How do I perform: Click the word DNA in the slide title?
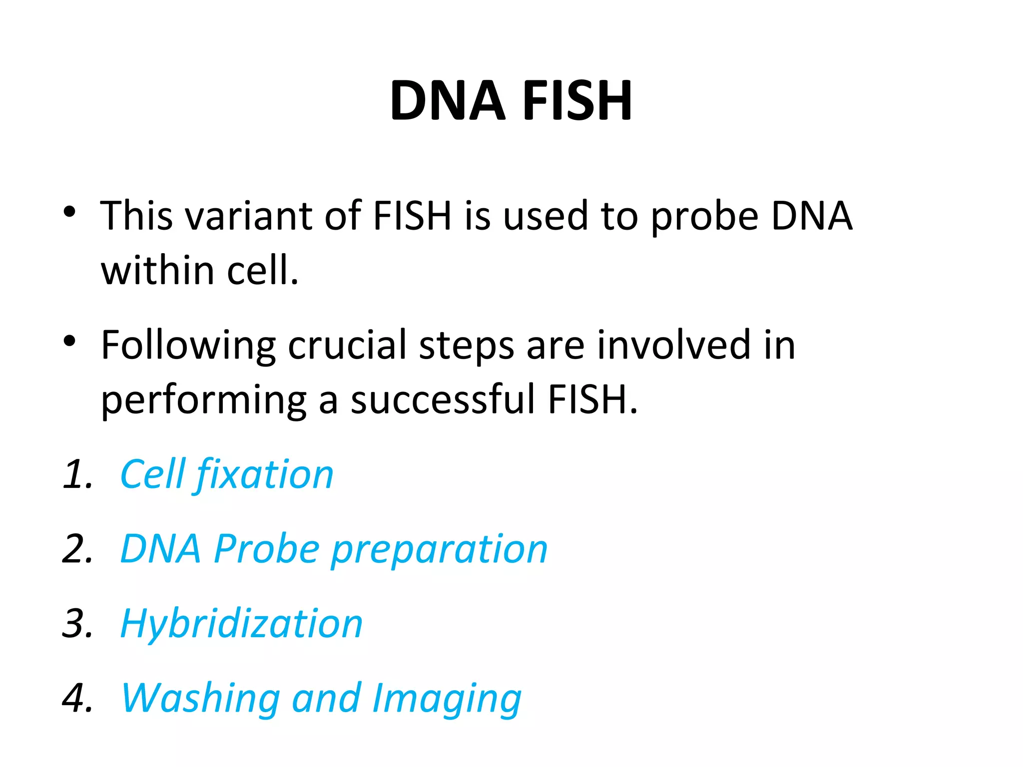447,101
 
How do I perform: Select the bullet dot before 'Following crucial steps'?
69,341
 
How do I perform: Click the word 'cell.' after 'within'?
262,270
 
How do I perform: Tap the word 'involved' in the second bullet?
674,345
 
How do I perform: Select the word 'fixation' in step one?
265,475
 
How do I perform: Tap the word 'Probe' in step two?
267,549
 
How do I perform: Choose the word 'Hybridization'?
241,625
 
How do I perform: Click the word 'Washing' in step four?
200,699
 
